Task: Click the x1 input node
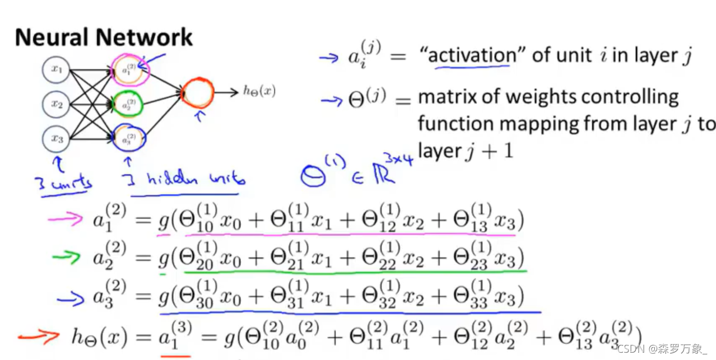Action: (x=57, y=70)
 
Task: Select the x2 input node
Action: (x=57, y=104)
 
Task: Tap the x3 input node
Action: (x=57, y=139)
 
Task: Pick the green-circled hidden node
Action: (x=128, y=104)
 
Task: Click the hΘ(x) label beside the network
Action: (x=259, y=91)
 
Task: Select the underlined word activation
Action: (x=472, y=55)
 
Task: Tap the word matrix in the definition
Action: (x=447, y=97)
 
